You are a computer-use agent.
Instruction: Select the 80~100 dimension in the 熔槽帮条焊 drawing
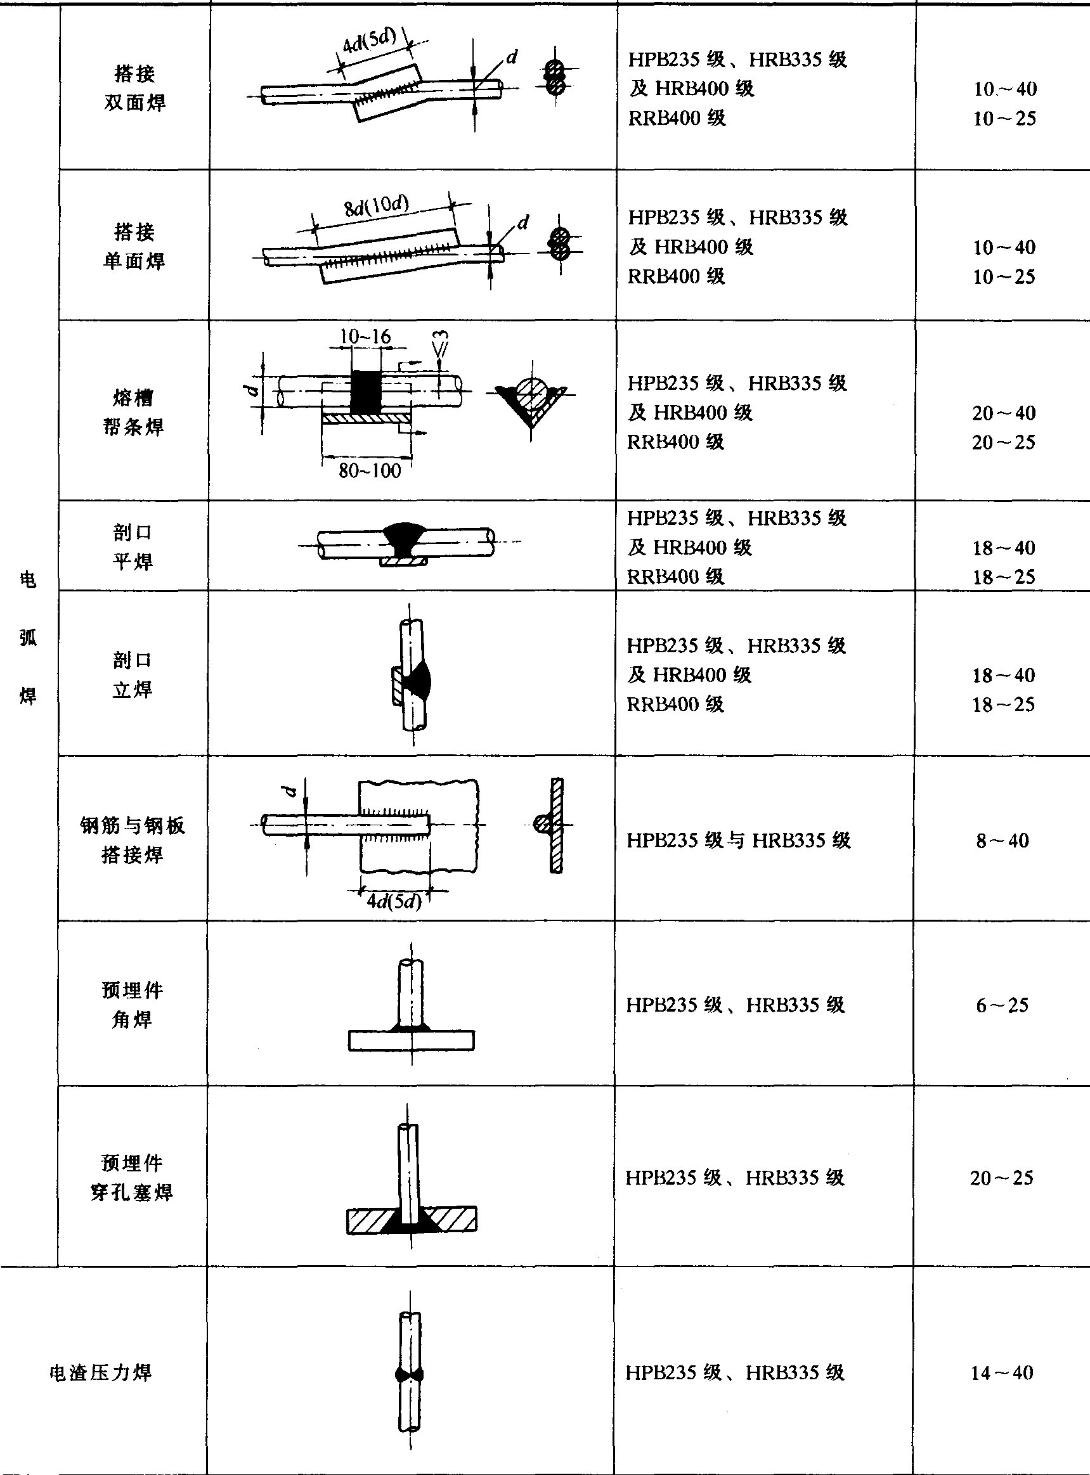coord(370,471)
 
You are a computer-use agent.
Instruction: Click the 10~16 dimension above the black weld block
coord(365,337)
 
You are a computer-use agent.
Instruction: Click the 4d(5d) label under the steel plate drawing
coord(394,901)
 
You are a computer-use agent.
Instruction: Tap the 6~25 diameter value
coord(1002,1005)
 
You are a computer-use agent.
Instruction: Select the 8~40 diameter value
coord(1002,841)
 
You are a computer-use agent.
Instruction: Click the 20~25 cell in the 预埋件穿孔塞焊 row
coord(1002,1178)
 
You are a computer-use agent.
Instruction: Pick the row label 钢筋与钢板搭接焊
coord(132,840)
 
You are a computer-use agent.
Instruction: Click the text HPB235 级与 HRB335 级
coord(738,841)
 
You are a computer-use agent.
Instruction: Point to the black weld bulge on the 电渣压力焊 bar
coord(410,1375)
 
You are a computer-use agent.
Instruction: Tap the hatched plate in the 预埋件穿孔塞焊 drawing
coord(455,1220)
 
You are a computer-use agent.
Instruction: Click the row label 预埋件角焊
coord(132,1005)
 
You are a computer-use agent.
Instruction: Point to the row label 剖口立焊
coord(132,675)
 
